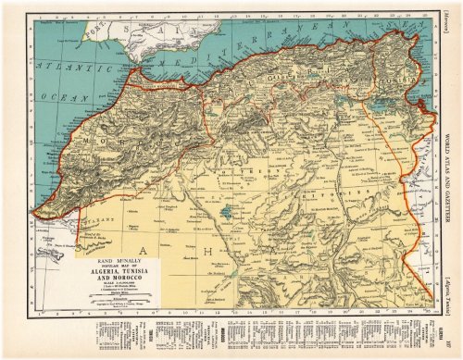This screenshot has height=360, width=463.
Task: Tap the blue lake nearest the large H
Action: click(228, 212)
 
